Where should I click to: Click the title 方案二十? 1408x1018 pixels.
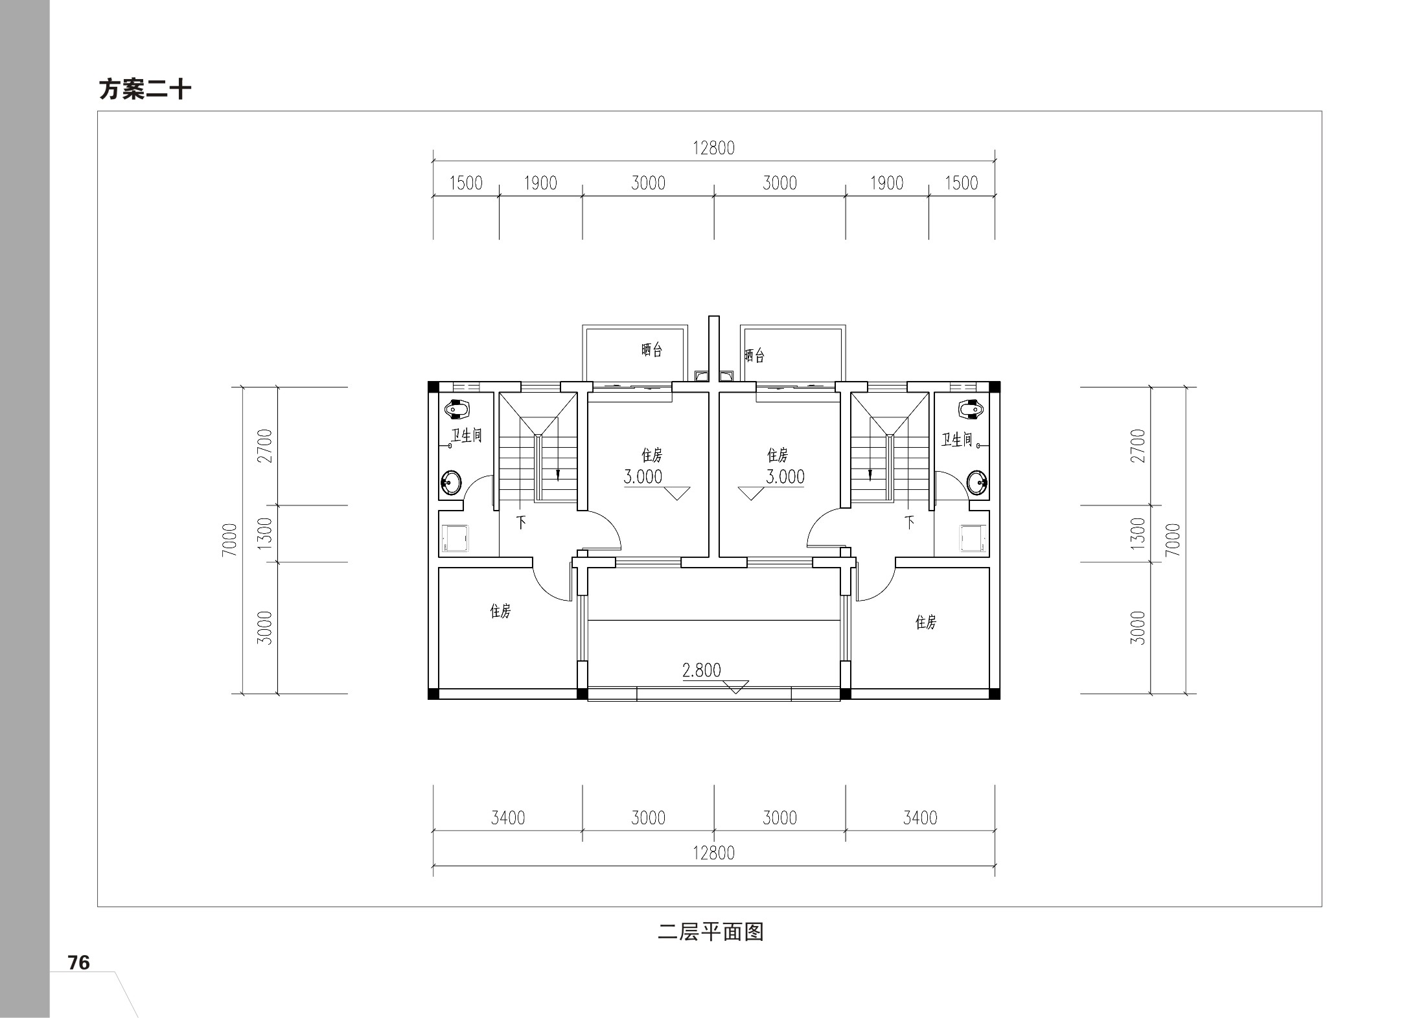(144, 89)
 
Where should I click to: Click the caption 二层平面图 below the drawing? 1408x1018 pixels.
(711, 932)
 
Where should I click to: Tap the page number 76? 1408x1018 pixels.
(79, 963)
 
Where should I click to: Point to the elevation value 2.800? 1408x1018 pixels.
(701, 670)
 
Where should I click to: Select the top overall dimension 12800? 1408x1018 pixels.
(713, 148)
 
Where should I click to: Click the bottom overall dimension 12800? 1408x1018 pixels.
(713, 853)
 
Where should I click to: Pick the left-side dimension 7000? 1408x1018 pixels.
(230, 540)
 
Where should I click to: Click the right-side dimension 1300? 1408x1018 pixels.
(1137, 533)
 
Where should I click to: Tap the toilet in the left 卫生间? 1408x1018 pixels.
(458, 410)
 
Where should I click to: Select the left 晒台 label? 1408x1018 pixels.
(652, 350)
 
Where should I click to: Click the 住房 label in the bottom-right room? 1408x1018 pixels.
(925, 622)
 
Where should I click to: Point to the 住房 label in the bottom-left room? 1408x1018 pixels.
(500, 610)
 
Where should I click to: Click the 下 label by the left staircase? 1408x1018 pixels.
(521, 522)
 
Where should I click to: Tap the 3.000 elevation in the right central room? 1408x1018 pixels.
(785, 477)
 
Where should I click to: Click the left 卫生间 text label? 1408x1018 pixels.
(467, 435)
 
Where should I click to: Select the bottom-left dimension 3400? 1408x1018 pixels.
(508, 818)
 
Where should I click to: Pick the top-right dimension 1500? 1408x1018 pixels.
(962, 183)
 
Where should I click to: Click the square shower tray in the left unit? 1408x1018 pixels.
(457, 538)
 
